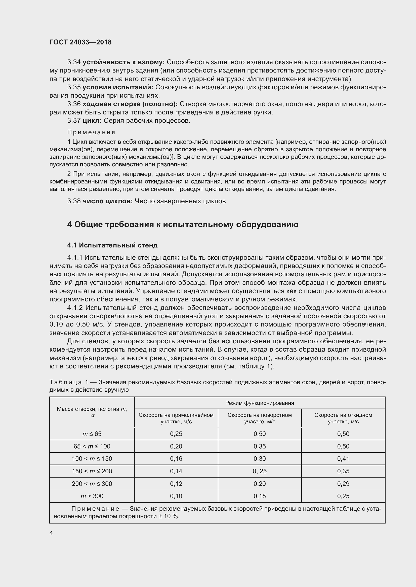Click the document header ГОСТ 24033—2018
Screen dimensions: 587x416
(80, 42)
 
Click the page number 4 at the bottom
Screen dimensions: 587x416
(51, 533)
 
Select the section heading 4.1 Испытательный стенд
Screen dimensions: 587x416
(112, 245)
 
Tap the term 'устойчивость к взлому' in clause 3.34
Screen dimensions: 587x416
(124, 62)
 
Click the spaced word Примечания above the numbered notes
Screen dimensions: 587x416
(91, 133)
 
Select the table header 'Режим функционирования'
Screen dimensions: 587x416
(260, 403)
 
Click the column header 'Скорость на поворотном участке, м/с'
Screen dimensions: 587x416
(260, 418)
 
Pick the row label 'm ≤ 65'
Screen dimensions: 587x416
(92, 434)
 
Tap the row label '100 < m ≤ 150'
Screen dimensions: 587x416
(92, 459)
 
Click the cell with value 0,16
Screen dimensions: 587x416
(176, 459)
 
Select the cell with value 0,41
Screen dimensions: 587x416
(343, 459)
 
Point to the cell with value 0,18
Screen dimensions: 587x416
(260, 496)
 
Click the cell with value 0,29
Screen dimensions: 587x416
(343, 484)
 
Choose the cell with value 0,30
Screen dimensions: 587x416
(260, 459)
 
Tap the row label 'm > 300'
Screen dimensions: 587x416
(92, 496)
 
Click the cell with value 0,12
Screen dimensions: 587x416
(176, 484)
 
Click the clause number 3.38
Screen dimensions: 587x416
(74, 201)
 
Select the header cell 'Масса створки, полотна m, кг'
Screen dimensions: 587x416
(92, 412)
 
